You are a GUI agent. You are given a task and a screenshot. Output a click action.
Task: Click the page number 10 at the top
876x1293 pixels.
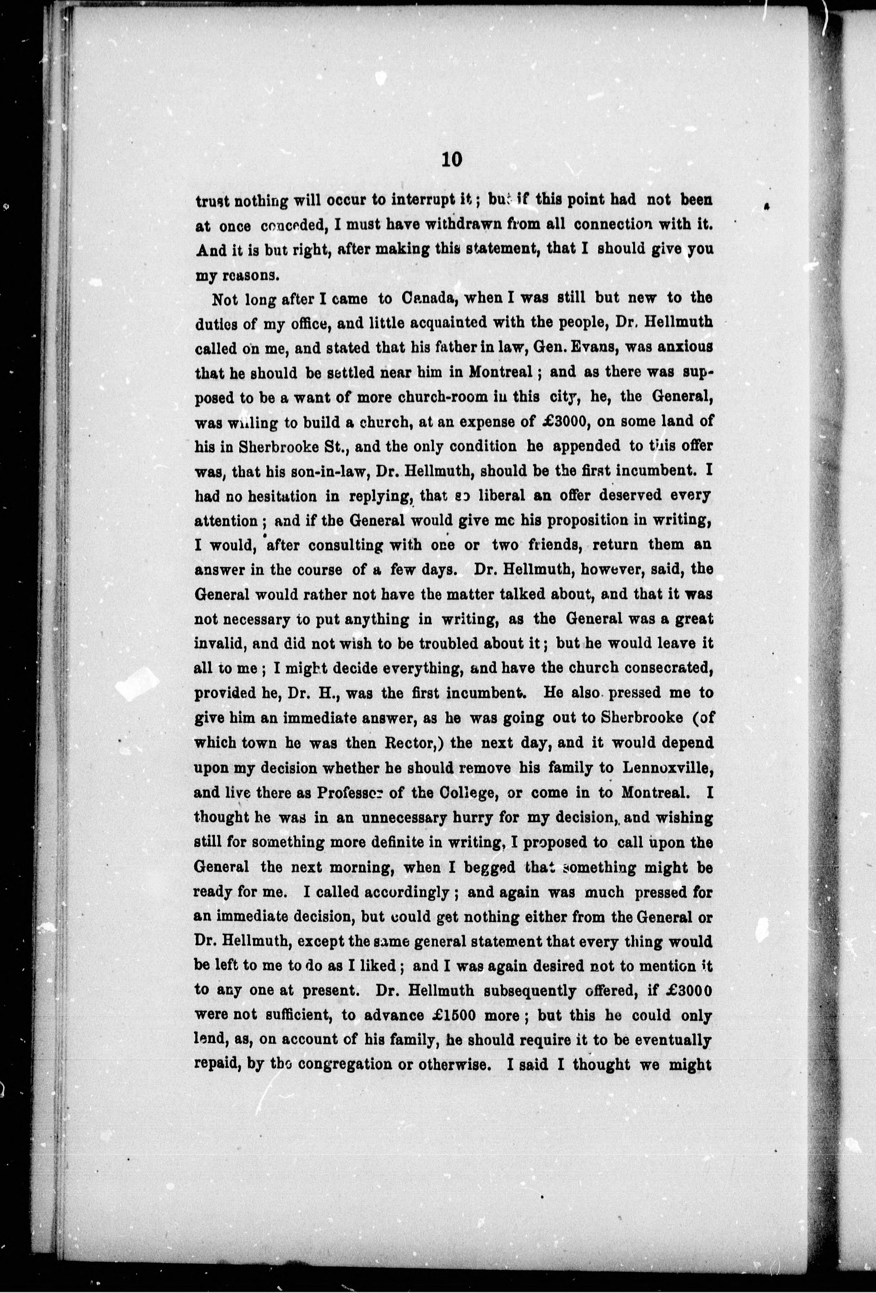pos(451,160)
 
